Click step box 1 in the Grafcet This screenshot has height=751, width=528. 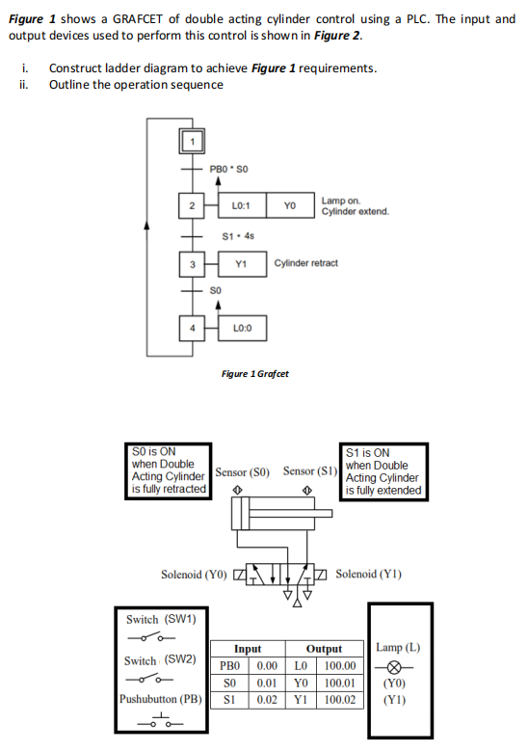[x=192, y=145]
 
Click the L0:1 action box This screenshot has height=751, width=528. [x=242, y=205]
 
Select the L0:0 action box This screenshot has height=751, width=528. [x=242, y=328]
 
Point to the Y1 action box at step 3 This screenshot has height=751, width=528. [x=242, y=263]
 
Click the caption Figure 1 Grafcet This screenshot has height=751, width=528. [x=255, y=374]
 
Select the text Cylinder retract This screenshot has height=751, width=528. [x=306, y=263]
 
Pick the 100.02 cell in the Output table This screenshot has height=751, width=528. [x=341, y=697]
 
